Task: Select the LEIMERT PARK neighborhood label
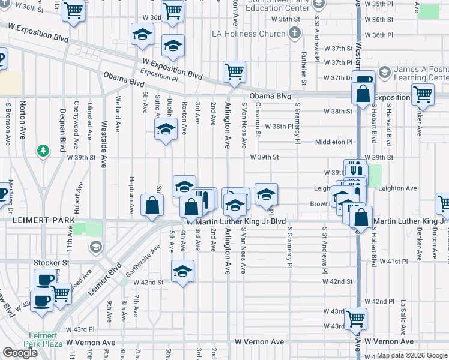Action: [37, 221]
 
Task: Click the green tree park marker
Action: [43, 150]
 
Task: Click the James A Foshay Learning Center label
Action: [420, 74]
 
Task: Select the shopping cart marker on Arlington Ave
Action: [234, 71]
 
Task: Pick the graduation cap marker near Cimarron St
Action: [266, 194]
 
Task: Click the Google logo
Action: [20, 352]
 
